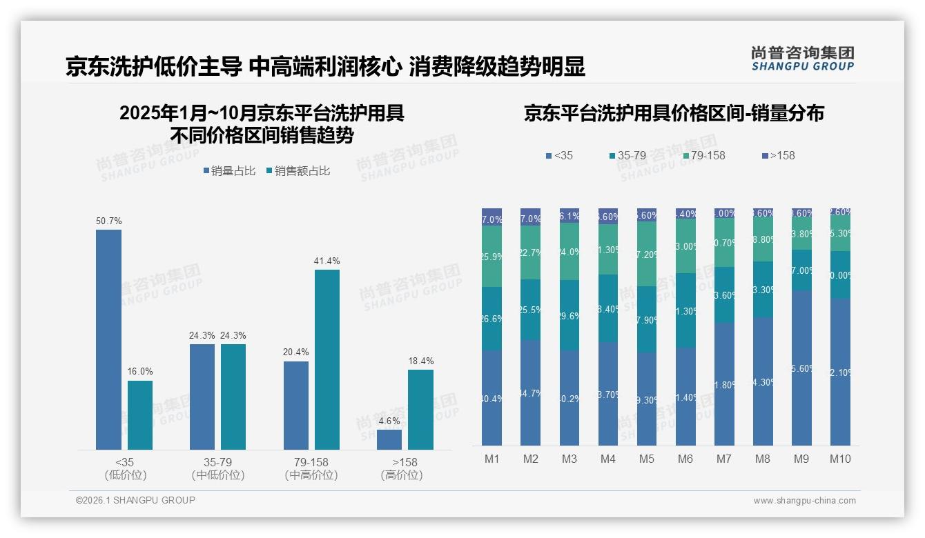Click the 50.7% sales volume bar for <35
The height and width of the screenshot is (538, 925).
point(108,339)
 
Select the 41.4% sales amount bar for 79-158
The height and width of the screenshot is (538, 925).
point(327,359)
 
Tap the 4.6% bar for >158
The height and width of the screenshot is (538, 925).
point(389,439)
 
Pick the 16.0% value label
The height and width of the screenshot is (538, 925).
point(140,372)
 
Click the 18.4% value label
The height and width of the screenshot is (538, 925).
point(420,361)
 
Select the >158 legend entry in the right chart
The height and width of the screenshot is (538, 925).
point(778,155)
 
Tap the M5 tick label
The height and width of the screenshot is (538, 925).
point(646,459)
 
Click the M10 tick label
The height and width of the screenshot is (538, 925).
point(839,459)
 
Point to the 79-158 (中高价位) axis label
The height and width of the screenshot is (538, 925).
point(311,468)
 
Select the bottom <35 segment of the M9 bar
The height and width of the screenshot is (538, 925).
point(801,368)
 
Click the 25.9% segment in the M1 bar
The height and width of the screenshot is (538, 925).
point(492,256)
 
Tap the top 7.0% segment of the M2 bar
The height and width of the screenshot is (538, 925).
point(531,217)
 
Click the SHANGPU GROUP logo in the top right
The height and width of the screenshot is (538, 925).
point(802,59)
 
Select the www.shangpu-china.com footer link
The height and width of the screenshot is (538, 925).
point(804,501)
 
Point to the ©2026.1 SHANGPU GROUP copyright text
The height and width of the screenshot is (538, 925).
point(135,500)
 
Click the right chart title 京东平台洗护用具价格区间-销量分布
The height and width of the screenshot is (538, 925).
point(674,114)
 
